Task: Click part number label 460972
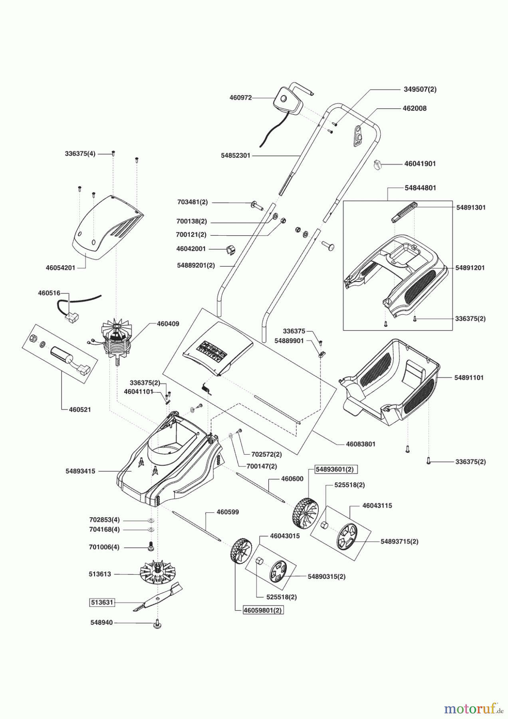(x=240, y=97)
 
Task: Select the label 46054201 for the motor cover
(x=60, y=268)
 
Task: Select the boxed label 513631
(x=102, y=602)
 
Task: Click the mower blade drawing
(x=158, y=598)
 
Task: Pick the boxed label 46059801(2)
(x=263, y=610)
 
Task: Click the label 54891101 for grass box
(x=468, y=377)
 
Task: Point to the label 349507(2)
(x=420, y=89)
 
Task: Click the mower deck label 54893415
(x=80, y=471)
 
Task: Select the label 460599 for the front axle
(x=228, y=512)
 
